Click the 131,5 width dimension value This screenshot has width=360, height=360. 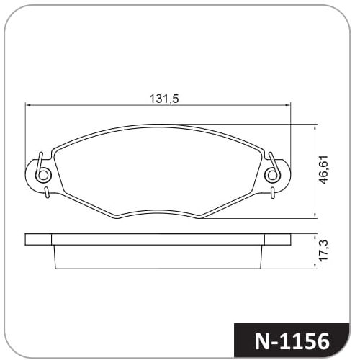(164, 99)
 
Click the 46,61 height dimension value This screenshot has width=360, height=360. (324, 170)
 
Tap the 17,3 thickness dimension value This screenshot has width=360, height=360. (324, 251)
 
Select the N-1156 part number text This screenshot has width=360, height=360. (292, 341)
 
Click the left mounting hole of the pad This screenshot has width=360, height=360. (43, 175)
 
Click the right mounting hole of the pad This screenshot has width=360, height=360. (272, 175)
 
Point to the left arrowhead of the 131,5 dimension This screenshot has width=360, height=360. (28, 105)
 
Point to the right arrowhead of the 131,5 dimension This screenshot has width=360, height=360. (287, 105)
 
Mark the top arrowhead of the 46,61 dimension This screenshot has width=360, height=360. (315, 127)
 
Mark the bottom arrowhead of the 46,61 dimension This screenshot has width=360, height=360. (315, 215)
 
